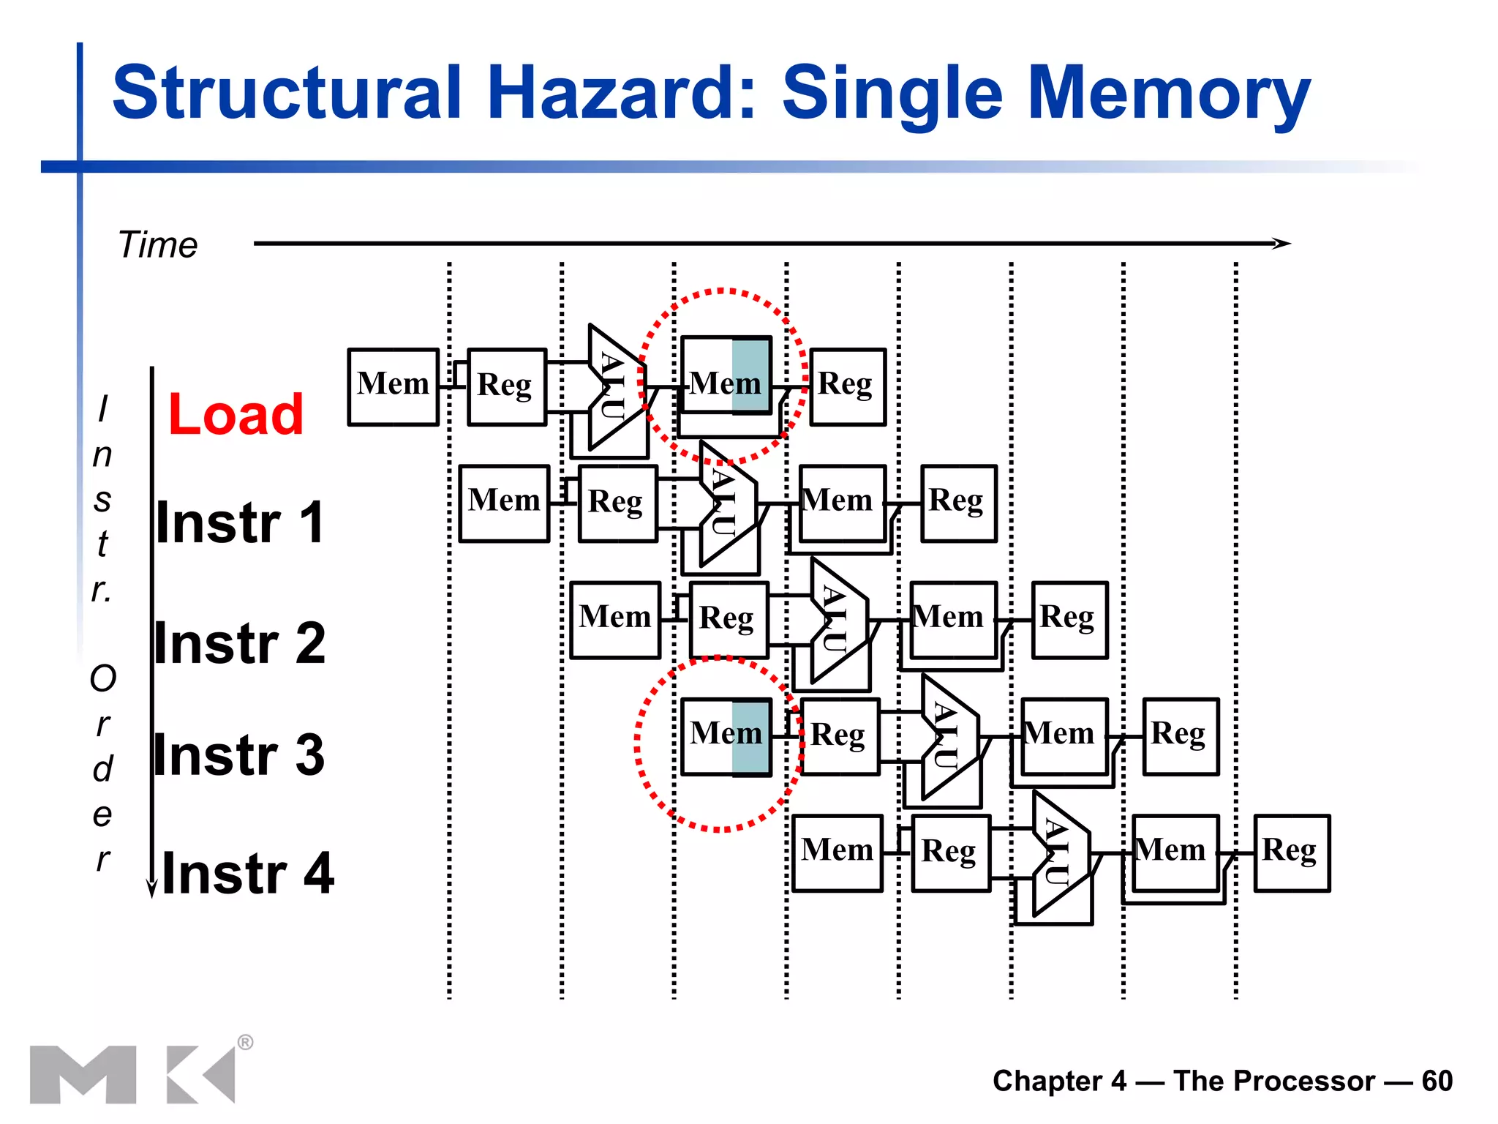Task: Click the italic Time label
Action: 157,244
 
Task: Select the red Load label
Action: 235,414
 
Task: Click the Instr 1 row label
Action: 240,522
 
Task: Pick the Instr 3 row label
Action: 239,754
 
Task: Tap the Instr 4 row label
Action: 247,873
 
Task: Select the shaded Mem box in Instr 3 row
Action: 726,736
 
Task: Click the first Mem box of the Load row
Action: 393,386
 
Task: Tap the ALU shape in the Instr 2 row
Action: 838,621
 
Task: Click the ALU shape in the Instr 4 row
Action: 1060,853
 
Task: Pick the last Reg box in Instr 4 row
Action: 1291,853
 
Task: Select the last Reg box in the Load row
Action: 847,386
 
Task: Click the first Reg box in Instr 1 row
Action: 617,503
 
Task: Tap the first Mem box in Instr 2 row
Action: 614,620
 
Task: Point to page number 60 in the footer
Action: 1437,1081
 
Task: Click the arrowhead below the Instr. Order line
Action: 151,888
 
